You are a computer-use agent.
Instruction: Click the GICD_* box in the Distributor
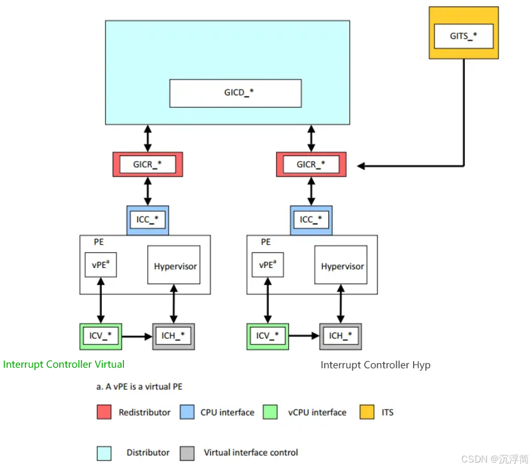click(x=235, y=93)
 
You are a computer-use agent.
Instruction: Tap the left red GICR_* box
click(x=148, y=164)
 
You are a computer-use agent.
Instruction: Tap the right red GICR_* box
click(x=311, y=164)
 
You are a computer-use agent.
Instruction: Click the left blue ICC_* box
click(x=148, y=220)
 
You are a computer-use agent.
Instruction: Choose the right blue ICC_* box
click(x=311, y=220)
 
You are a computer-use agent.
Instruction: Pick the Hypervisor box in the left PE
click(x=175, y=266)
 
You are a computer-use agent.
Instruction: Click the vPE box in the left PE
click(x=101, y=264)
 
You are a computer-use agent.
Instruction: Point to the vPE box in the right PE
click(x=268, y=264)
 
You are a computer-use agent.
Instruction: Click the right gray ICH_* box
click(x=340, y=336)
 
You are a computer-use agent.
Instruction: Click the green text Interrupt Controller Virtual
click(x=64, y=364)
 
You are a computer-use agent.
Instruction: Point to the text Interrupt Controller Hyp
click(x=375, y=365)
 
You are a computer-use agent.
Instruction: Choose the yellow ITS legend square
click(x=367, y=412)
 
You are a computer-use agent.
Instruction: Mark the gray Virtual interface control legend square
click(x=187, y=452)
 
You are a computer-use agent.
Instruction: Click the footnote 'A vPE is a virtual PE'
click(x=139, y=386)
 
